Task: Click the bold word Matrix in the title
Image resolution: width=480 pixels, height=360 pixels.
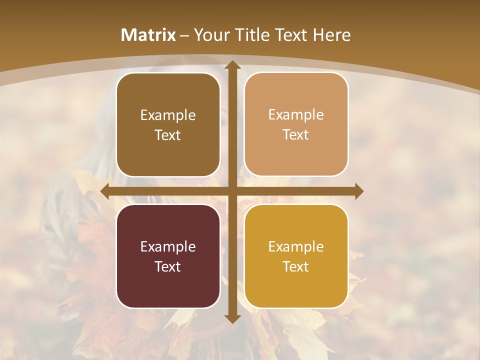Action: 148,35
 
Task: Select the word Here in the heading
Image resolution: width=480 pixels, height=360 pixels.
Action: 332,35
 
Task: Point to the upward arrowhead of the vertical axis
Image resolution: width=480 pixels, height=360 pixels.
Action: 232,65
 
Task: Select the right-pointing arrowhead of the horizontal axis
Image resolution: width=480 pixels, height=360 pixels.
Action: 358,191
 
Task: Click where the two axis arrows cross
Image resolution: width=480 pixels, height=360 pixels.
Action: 232,191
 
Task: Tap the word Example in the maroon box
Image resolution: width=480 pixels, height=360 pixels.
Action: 168,246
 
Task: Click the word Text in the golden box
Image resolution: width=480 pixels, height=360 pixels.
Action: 296,266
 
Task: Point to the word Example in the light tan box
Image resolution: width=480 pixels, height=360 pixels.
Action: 296,114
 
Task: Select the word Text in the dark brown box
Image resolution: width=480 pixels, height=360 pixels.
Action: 168,135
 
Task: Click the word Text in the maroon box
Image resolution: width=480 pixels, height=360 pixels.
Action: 168,266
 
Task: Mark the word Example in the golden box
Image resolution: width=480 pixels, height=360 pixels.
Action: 296,246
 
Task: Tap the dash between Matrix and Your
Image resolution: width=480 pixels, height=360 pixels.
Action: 184,35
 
